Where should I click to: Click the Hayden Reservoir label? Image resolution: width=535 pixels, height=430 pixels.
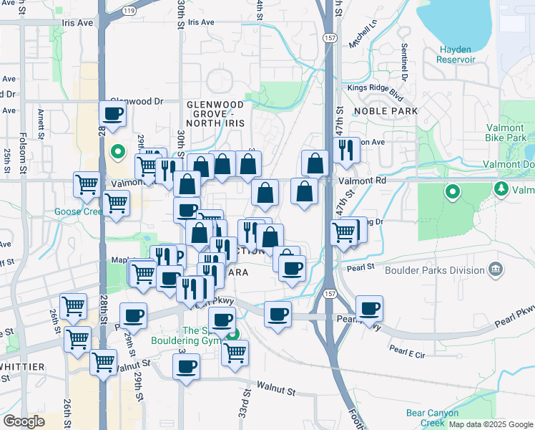(455, 54)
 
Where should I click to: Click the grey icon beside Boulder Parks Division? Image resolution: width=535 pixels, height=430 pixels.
(495, 270)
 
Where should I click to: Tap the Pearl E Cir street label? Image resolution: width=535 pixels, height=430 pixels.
(408, 351)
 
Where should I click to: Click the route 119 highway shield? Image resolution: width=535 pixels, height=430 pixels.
(129, 11)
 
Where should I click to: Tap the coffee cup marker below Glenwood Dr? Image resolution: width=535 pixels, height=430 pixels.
(114, 113)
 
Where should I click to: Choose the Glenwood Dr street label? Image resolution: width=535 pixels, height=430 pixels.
(137, 102)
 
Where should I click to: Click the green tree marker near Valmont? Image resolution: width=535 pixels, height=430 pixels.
(501, 188)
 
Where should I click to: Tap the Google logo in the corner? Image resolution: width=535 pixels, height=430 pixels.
(24, 421)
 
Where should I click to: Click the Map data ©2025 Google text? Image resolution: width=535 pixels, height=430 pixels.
(490, 424)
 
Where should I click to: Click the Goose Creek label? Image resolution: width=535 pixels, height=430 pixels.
(79, 212)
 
